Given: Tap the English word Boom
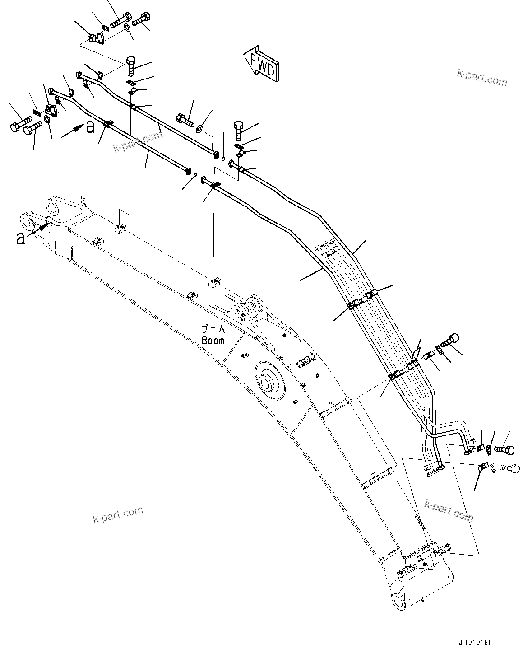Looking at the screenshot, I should [213, 341].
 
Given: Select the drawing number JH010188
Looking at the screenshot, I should [474, 642].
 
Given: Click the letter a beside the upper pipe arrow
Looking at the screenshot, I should [91, 127].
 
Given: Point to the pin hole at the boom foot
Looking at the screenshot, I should [399, 600].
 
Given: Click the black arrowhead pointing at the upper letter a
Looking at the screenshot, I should [79, 128].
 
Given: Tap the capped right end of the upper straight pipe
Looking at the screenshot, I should [217, 155].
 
